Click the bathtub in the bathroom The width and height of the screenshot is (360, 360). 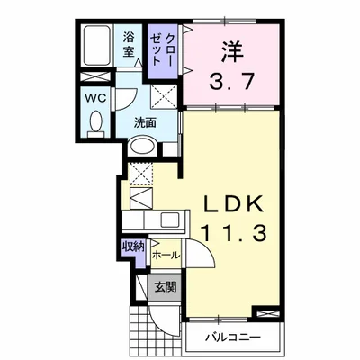96,46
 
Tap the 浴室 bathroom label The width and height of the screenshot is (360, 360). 129,44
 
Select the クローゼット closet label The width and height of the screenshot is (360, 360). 162,49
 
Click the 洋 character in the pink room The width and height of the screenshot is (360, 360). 231,52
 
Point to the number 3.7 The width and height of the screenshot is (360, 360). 232,82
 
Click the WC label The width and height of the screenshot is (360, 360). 96,98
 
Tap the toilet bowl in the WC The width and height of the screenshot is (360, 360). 96,121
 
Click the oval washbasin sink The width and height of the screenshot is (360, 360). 142,147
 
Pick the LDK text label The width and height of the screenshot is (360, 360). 233,204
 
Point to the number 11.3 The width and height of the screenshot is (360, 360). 234,233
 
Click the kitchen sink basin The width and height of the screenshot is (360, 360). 170,220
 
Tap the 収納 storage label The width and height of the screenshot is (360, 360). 132,247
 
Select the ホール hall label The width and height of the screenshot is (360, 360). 166,256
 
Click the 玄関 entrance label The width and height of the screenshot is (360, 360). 166,287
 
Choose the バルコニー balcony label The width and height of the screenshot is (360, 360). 232,337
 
